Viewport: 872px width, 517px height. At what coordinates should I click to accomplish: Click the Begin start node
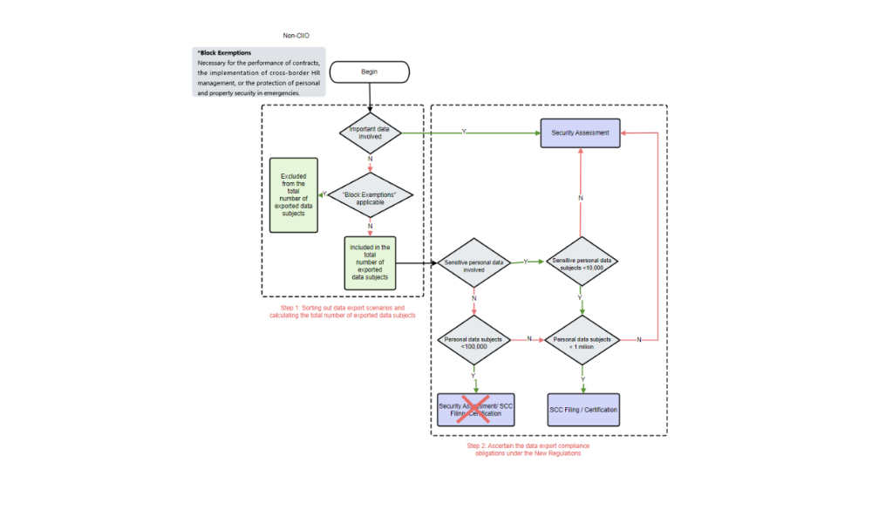click(370, 71)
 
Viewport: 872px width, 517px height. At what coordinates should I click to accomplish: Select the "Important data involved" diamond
click(371, 133)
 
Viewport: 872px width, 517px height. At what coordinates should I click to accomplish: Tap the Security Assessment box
click(580, 133)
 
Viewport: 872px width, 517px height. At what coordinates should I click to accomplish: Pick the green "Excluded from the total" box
click(294, 194)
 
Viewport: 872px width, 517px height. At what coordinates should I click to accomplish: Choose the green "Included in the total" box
click(371, 262)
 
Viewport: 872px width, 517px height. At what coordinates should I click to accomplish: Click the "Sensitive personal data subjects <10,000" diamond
click(582, 263)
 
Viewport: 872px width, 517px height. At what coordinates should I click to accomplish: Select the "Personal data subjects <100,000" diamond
click(473, 341)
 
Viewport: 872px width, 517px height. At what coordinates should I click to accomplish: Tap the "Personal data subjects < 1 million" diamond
click(582, 341)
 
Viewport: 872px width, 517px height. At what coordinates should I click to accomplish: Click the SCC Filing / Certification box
click(583, 409)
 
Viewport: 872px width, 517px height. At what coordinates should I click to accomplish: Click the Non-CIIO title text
click(296, 36)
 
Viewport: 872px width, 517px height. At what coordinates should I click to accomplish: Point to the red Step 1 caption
click(343, 311)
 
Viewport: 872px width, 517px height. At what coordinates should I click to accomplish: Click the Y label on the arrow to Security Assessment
click(463, 132)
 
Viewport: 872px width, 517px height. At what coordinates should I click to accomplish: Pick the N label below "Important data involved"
click(371, 160)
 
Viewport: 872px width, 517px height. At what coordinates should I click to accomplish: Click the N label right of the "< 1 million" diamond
click(639, 339)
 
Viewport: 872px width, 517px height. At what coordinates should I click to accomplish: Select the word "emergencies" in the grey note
click(279, 92)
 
